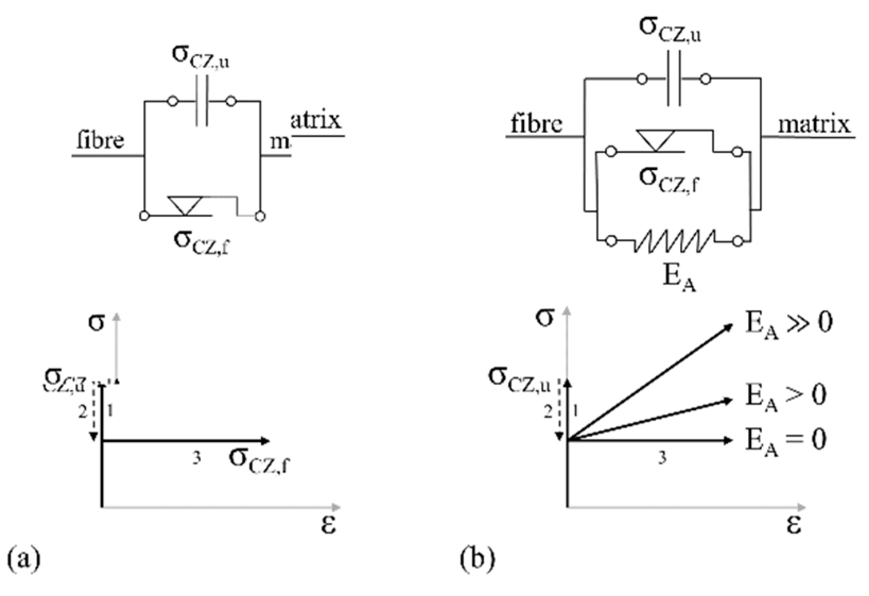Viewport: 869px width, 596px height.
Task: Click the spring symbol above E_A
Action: click(x=674, y=242)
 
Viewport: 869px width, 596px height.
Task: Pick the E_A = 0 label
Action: click(x=786, y=441)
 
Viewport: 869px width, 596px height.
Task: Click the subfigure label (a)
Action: click(x=24, y=559)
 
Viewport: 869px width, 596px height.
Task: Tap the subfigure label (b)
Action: click(x=477, y=559)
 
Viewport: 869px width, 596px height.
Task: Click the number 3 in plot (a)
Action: click(x=196, y=458)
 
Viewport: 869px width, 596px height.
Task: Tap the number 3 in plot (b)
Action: click(x=662, y=458)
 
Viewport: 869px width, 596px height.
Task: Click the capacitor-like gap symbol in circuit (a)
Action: click(x=202, y=101)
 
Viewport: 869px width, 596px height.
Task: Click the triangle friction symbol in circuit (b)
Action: click(x=656, y=141)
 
